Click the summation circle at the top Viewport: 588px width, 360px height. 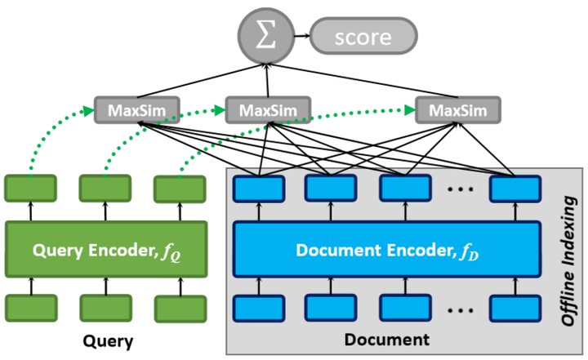266,36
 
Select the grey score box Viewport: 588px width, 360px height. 363,36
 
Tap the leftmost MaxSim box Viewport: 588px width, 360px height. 137,110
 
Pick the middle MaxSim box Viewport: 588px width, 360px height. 268,110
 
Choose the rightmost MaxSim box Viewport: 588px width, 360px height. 458,110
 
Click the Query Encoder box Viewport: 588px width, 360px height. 106,249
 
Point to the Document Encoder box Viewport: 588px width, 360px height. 387,249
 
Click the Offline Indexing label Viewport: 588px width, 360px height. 568,261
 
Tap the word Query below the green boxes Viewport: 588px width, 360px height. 108,341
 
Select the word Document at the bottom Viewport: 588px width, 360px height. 387,340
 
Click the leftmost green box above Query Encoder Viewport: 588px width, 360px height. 31,189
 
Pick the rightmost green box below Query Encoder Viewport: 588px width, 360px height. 180,309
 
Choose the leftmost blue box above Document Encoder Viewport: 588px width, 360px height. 259,189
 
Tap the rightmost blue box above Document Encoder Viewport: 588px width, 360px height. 515,189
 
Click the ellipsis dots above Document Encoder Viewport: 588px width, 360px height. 460,189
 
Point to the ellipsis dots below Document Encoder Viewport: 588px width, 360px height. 460,310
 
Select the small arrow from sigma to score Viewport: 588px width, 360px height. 302,36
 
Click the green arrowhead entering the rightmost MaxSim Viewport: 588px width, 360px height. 410,110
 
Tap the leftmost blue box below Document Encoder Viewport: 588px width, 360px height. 259,309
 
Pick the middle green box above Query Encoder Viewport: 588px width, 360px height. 105,189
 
